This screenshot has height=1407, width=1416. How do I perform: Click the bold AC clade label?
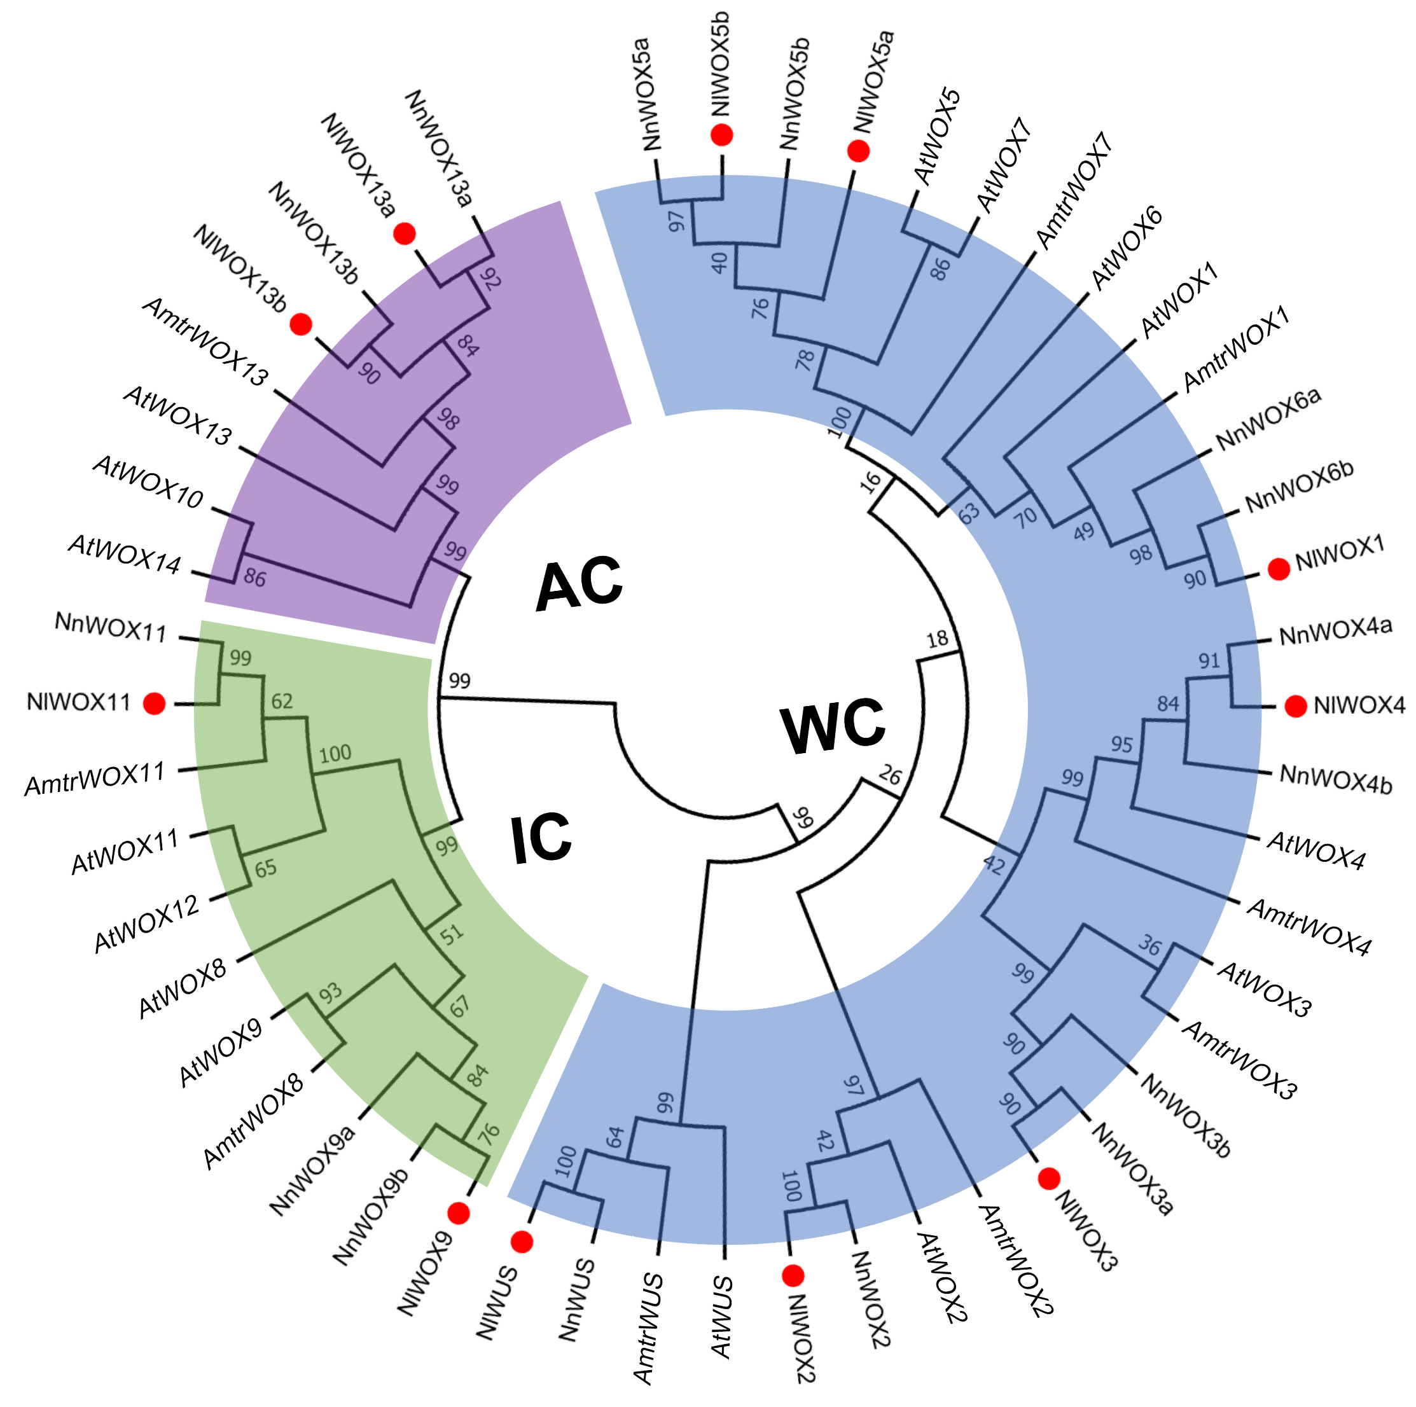pyautogui.click(x=579, y=583)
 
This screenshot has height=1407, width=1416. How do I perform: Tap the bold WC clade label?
pyautogui.click(x=833, y=726)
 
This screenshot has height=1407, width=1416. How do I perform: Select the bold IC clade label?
pyautogui.click(x=541, y=839)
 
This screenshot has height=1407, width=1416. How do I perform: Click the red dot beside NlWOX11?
pyautogui.click(x=154, y=703)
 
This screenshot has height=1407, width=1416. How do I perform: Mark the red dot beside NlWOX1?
pyautogui.click(x=1279, y=569)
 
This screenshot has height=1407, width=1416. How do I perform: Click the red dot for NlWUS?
pyautogui.click(x=522, y=1242)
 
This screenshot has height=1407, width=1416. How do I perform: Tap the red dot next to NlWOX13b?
pyautogui.click(x=300, y=324)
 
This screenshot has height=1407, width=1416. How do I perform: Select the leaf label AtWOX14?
pyautogui.click(x=125, y=554)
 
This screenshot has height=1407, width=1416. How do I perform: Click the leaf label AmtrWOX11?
pyautogui.click(x=95, y=779)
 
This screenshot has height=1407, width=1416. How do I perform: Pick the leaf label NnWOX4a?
pyautogui.click(x=1335, y=631)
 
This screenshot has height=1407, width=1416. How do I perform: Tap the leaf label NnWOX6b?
pyautogui.click(x=1300, y=487)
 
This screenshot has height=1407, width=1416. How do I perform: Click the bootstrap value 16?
pyautogui.click(x=870, y=482)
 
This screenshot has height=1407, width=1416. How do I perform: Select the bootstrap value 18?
pyautogui.click(x=938, y=640)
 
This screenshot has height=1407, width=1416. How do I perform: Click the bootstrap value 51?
pyautogui.click(x=452, y=934)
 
